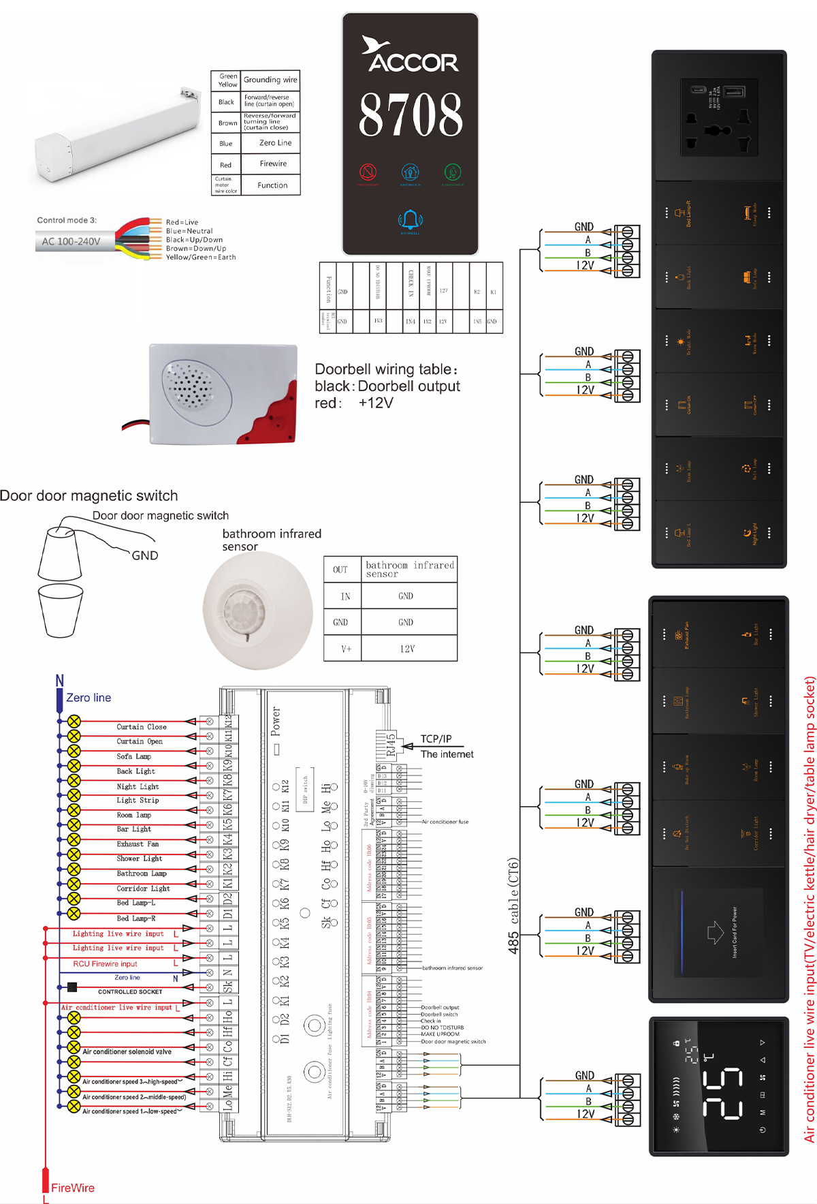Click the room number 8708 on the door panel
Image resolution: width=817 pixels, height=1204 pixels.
point(411,114)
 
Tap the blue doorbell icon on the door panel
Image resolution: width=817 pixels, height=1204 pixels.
point(410,219)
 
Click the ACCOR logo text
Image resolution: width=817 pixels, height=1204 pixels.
point(413,62)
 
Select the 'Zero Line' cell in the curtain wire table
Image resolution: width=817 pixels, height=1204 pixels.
point(275,143)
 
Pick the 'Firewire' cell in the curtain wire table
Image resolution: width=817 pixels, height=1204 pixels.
point(273,164)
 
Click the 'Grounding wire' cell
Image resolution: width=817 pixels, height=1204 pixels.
point(270,80)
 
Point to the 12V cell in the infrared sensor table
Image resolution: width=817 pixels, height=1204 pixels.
point(407,649)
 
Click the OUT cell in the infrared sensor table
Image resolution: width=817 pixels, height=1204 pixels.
point(340,570)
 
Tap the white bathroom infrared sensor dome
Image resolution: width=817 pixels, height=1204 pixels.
point(257,610)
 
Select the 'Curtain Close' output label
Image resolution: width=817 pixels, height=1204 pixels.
point(141,727)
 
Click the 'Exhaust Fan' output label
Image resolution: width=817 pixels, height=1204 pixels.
point(138,844)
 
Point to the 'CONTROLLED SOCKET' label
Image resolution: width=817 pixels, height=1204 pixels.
point(130,992)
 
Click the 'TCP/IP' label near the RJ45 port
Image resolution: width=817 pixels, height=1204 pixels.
point(436,739)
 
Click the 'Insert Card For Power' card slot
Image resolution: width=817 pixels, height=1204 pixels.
point(718,932)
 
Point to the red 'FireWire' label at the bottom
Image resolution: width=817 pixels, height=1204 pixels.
point(73,1188)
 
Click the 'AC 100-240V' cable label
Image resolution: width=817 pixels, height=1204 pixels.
point(71,241)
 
